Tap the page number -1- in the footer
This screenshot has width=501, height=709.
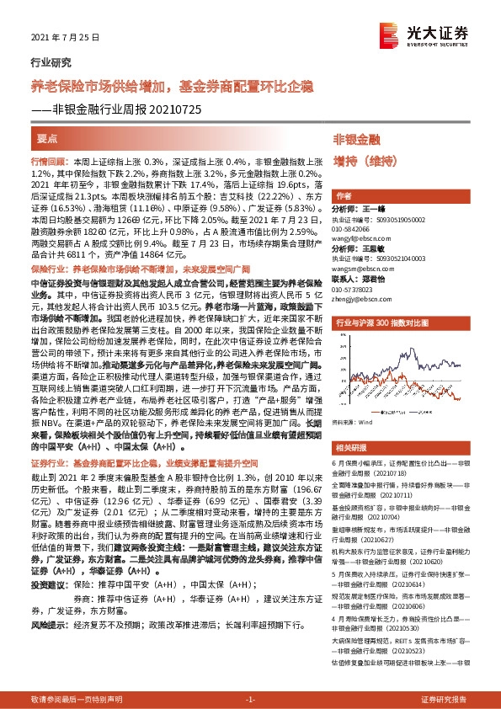point(250,700)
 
